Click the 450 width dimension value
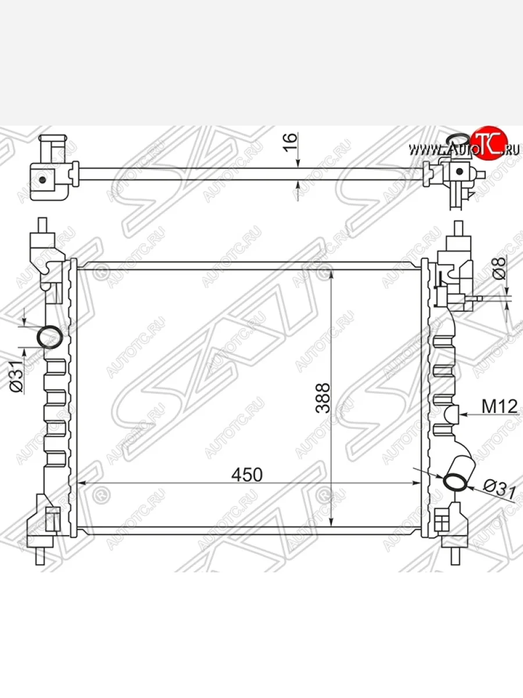click(x=247, y=475)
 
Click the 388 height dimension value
click(x=323, y=398)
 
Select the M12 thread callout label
click(x=500, y=407)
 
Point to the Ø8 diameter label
click(x=499, y=269)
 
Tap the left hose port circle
click(x=50, y=337)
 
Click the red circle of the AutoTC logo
click(x=489, y=143)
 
